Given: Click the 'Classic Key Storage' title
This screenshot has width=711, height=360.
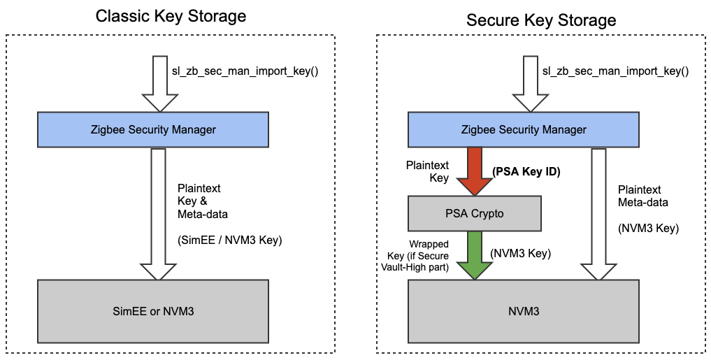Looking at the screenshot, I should [171, 16].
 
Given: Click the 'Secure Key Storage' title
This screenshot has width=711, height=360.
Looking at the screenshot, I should [541, 20].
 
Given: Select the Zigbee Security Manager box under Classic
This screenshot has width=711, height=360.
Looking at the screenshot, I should [153, 129].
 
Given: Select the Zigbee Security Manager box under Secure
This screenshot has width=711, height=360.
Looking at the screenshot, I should [524, 129].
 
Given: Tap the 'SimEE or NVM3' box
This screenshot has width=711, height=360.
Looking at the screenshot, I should [152, 310].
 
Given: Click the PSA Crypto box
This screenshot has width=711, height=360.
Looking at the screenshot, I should [474, 214].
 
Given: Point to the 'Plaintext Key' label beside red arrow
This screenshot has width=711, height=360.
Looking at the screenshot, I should [428, 172].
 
